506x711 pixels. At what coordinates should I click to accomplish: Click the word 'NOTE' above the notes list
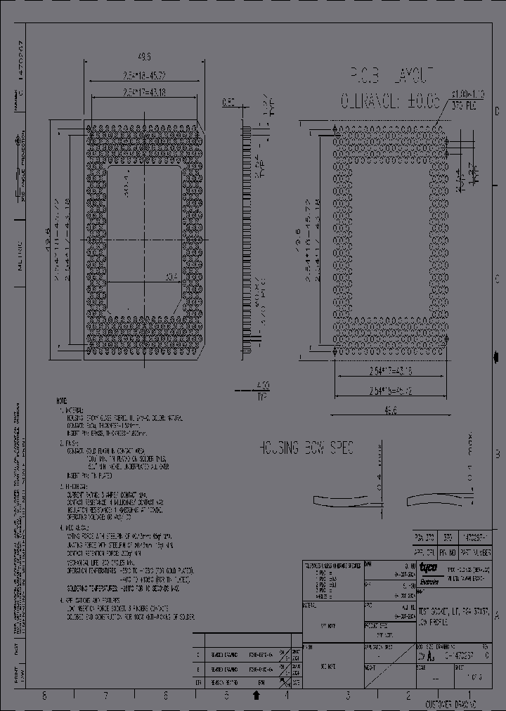point(62,400)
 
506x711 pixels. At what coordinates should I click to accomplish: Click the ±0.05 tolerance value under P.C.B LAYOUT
point(420,101)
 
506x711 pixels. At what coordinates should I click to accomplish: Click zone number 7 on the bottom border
point(105,696)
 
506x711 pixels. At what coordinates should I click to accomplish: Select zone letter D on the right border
point(498,111)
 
